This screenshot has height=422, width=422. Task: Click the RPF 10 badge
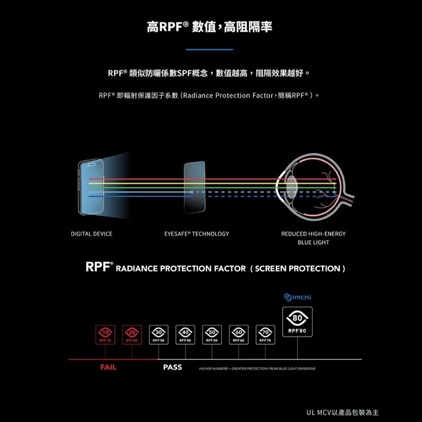pos(105,335)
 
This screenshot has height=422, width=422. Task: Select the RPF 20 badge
pos(132,335)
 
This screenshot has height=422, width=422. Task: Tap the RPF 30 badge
pos(159,335)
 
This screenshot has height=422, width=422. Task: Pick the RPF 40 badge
pos(185,335)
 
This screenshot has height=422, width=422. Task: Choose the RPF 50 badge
pos(212,335)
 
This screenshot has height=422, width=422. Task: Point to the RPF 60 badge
pos(238,335)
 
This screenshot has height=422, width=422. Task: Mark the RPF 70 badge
pos(265,335)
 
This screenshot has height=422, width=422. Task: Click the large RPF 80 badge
pos(297,322)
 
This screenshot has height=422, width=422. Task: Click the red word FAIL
pos(108,368)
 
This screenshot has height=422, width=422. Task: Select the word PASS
pos(172,368)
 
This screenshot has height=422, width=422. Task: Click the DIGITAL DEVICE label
pos(92,234)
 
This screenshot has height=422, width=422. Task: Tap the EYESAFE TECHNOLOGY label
pos(197,234)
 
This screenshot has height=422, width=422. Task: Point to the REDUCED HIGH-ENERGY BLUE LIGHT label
pos(313,238)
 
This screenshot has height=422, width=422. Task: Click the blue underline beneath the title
pos(209,50)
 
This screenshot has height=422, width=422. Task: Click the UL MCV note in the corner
pos(342,411)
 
